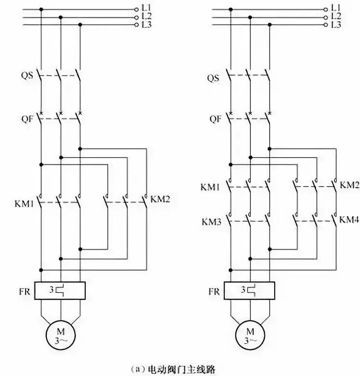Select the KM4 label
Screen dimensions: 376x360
349,219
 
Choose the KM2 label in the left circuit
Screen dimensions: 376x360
160,198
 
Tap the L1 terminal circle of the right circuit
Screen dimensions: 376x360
325,9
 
